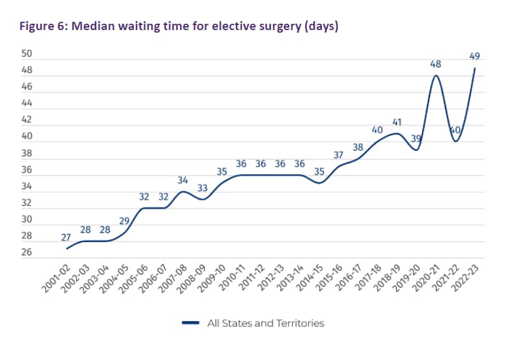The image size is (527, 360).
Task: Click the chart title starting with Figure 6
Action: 179,27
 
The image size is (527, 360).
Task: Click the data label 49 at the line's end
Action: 474,58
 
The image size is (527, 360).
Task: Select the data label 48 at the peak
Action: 435,64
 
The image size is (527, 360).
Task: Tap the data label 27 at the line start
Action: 65,237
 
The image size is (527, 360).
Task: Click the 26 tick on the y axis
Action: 26,253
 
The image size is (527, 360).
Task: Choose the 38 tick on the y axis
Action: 26,153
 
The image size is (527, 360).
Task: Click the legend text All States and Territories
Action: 265,323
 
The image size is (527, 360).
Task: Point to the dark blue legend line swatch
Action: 191,323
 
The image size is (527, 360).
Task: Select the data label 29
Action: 124,220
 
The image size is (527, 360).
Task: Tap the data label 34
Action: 183,180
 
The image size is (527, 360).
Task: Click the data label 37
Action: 339,154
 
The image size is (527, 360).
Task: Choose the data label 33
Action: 202,188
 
